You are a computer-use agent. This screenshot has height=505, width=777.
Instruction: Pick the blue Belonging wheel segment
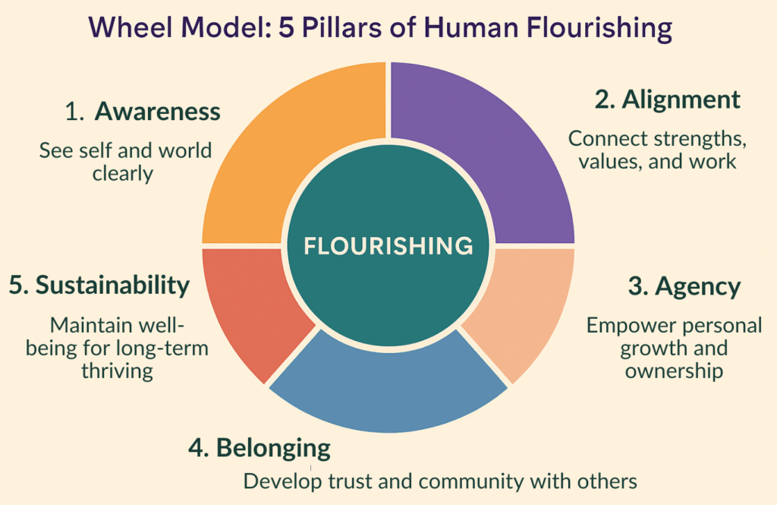pos(387,395)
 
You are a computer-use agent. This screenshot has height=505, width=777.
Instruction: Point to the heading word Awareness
pos(157,112)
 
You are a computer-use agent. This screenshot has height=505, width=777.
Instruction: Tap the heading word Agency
pos(697,286)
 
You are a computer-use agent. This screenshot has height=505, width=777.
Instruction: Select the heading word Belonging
pos(273,447)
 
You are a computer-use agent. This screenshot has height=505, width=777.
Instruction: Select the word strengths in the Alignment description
pos(694,140)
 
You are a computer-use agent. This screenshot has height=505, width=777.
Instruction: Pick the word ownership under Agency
pos(674,371)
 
